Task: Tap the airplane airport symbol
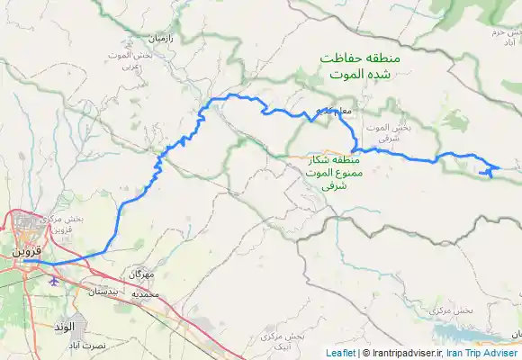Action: pyautogui.click(x=55, y=280)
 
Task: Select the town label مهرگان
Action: pyautogui.click(x=141, y=272)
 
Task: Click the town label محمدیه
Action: pyautogui.click(x=145, y=294)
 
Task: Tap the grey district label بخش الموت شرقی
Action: pyautogui.click(x=389, y=134)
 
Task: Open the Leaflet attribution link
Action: pyautogui.click(x=341, y=354)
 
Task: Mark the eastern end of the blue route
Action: pyautogui.click(x=499, y=167)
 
